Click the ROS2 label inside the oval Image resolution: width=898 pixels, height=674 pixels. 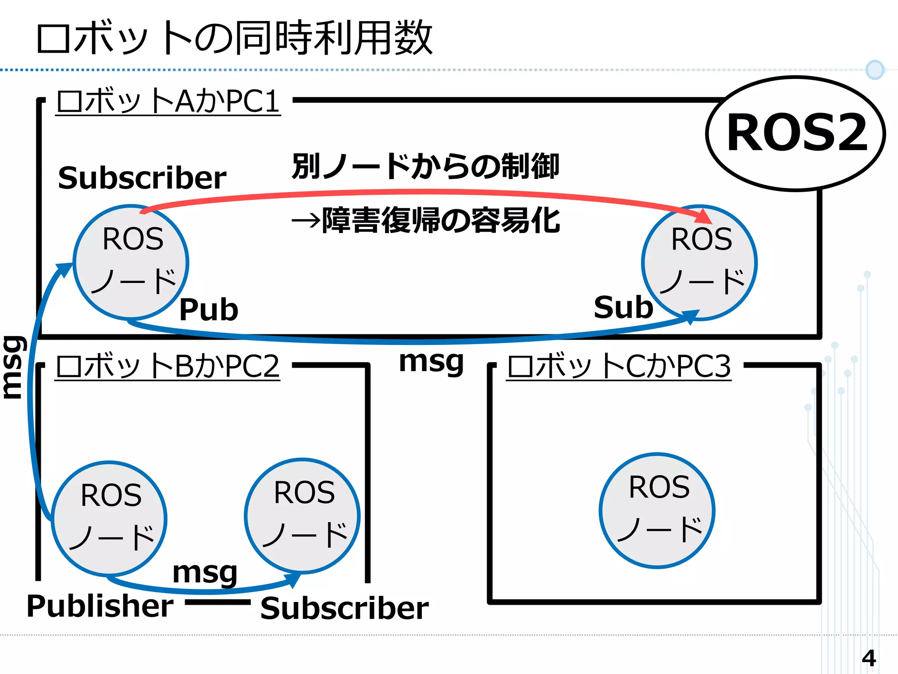pyautogui.click(x=796, y=133)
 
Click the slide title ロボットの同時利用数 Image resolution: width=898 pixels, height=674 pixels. pyautogui.click(x=234, y=38)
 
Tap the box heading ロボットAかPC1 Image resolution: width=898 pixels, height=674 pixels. pyautogui.click(x=168, y=101)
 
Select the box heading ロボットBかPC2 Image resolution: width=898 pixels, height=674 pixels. pyautogui.click(x=167, y=366)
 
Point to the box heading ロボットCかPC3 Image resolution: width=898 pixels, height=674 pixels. pyautogui.click(x=619, y=366)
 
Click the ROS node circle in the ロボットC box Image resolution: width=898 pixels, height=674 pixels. pyautogui.click(x=657, y=510)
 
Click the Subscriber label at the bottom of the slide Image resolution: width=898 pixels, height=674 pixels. pyautogui.click(x=344, y=609)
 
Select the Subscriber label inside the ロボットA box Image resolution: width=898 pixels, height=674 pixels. pyautogui.click(x=142, y=178)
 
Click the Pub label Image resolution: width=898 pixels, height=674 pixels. pyautogui.click(x=209, y=310)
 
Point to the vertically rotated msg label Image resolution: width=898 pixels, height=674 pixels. pyautogui.click(x=13, y=367)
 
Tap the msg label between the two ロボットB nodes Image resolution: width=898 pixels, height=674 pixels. pyautogui.click(x=205, y=573)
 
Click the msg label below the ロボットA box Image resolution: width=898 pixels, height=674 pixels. pyautogui.click(x=431, y=362)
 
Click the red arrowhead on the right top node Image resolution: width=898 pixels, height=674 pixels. pyautogui.click(x=704, y=217)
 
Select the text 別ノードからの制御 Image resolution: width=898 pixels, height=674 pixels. pyautogui.click(x=425, y=167)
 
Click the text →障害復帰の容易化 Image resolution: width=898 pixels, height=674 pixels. pyautogui.click(x=425, y=220)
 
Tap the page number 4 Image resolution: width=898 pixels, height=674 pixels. pyautogui.click(x=868, y=658)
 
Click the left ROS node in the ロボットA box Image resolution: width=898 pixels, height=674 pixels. pyautogui.click(x=131, y=262)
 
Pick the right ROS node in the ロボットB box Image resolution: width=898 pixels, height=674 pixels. pyautogui.click(x=302, y=516)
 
